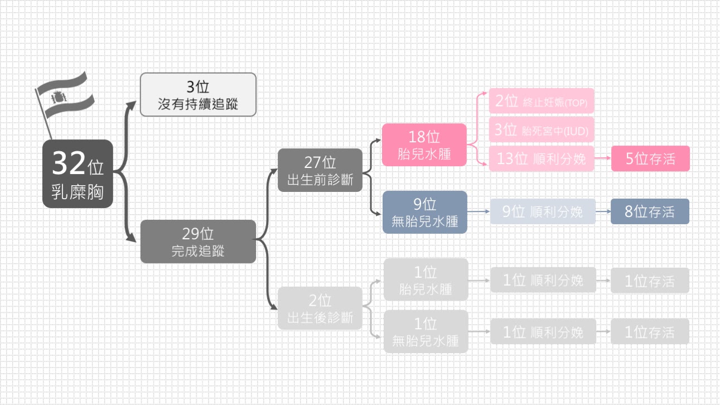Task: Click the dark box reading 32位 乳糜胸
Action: tap(78, 174)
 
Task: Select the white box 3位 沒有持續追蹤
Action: tap(198, 94)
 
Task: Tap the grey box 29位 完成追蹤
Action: tap(198, 242)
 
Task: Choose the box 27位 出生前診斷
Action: tap(320, 170)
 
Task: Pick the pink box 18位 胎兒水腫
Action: tap(424, 144)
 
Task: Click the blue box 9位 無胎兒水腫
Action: tap(425, 212)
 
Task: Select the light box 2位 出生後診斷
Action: tap(320, 308)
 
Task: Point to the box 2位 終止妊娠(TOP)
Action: tap(542, 101)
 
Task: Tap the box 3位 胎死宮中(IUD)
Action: tap(542, 131)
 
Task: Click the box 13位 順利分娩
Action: tap(542, 158)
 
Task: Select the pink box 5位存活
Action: tap(650, 158)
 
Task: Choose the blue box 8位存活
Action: tap(650, 211)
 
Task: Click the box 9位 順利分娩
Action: tap(543, 211)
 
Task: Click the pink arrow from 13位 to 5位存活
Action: tap(603, 158)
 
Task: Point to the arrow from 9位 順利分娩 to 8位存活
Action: tap(603, 212)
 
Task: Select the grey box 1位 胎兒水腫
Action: tap(426, 280)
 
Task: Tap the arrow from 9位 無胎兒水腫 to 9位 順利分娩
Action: tap(479, 212)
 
